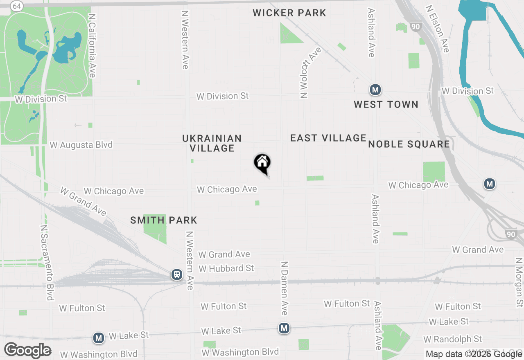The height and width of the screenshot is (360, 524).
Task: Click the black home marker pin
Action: (x=262, y=164)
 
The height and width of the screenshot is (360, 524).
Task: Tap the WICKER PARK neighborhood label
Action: (x=289, y=13)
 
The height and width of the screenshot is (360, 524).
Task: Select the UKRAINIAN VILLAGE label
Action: (x=212, y=143)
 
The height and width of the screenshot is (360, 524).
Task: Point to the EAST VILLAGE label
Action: (x=328, y=138)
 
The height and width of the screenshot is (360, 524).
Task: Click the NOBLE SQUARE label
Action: (x=409, y=144)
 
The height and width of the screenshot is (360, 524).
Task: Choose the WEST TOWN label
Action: (x=386, y=105)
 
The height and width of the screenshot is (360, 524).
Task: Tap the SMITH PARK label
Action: (x=164, y=220)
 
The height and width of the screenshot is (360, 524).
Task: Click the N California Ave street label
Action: (x=92, y=46)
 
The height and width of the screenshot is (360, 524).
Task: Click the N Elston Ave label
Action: (x=437, y=29)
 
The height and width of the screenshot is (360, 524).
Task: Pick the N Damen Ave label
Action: (x=284, y=288)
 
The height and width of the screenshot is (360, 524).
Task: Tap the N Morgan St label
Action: (x=519, y=282)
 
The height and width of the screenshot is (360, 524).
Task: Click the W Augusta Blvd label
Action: (x=81, y=145)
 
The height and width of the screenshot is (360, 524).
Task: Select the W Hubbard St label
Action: (x=226, y=268)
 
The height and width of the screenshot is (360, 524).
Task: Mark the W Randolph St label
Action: (x=453, y=339)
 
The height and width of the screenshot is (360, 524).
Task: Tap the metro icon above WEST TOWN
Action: (x=375, y=89)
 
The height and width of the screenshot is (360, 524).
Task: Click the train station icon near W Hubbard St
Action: (x=177, y=274)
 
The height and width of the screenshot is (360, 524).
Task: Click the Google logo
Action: (x=28, y=351)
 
